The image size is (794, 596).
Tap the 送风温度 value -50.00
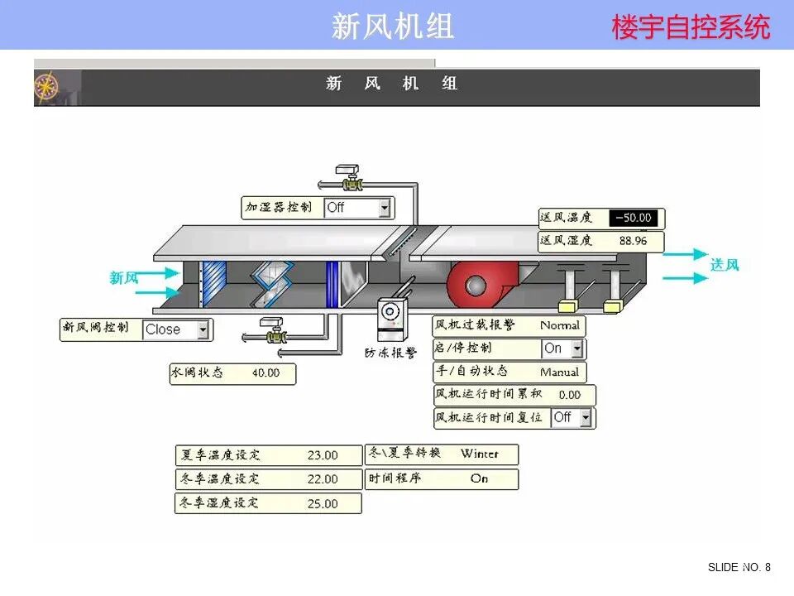tap(633, 219)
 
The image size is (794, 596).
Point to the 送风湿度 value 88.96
tap(633, 241)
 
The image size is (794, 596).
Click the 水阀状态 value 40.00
tap(265, 373)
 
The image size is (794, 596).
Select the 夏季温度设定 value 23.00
tap(323, 455)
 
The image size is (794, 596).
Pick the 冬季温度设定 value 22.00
tap(323, 479)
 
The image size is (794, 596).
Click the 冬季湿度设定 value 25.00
tap(323, 503)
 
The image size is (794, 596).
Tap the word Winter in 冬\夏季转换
tap(480, 454)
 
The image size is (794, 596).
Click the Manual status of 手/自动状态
tap(559, 372)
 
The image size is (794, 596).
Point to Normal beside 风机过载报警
tap(560, 326)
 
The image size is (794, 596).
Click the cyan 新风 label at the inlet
tap(124, 278)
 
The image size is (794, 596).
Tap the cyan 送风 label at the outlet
tap(725, 265)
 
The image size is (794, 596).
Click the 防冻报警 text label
tap(391, 353)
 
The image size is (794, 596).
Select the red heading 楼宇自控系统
tap(691, 27)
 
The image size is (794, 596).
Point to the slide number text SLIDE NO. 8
tap(739, 567)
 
